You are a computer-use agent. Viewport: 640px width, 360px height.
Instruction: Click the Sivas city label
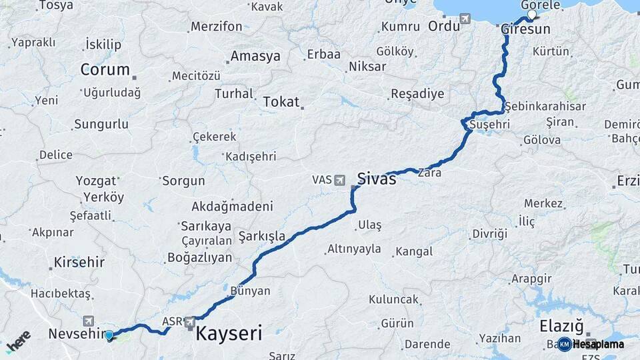(x=377, y=179)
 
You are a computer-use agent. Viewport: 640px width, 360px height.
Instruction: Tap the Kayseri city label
(x=228, y=333)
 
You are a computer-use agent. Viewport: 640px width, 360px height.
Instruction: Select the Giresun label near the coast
(x=525, y=29)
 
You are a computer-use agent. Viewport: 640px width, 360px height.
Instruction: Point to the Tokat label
(x=281, y=101)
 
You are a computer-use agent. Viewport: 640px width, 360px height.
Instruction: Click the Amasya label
(x=255, y=56)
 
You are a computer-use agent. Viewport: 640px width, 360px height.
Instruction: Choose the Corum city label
(x=105, y=69)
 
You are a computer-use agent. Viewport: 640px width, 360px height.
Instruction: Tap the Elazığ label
(x=561, y=326)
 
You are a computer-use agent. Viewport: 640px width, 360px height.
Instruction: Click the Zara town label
(x=429, y=173)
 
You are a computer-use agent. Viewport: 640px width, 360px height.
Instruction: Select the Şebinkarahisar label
(x=545, y=106)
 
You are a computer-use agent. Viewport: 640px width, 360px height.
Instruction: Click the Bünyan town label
(x=250, y=291)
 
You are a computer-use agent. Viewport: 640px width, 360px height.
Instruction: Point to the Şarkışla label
(x=262, y=236)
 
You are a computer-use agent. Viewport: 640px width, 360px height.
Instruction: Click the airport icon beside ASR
(x=190, y=322)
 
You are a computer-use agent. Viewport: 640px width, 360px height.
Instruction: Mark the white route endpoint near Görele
(x=531, y=14)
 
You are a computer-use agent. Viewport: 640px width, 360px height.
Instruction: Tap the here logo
(x=18, y=340)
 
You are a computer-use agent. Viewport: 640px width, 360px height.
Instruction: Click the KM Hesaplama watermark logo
(x=591, y=345)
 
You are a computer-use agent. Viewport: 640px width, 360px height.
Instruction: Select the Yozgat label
(x=96, y=181)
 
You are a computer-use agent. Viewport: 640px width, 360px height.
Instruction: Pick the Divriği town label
(x=489, y=233)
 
